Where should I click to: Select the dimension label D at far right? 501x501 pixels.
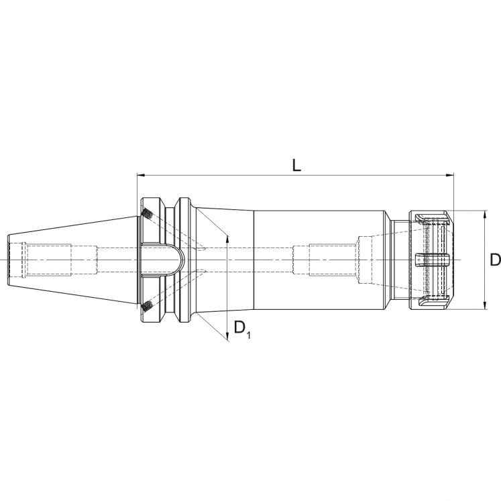click(494, 260)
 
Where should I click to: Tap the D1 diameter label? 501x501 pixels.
click(241, 329)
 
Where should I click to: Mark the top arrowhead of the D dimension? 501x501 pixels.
click(485, 214)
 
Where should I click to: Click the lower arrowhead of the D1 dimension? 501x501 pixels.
click(228, 335)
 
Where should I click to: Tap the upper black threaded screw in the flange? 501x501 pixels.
click(146, 215)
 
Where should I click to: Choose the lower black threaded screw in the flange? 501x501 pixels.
click(146, 305)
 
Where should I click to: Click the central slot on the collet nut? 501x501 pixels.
click(432, 260)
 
